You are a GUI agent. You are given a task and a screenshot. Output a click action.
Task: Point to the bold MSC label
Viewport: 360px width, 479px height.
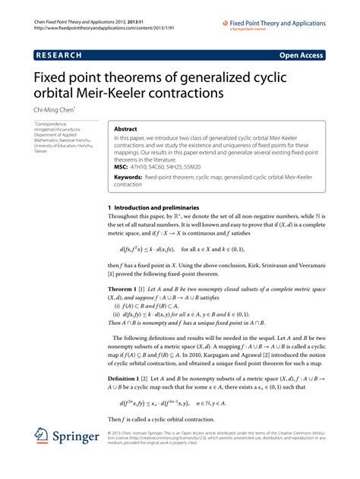click(121, 165)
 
